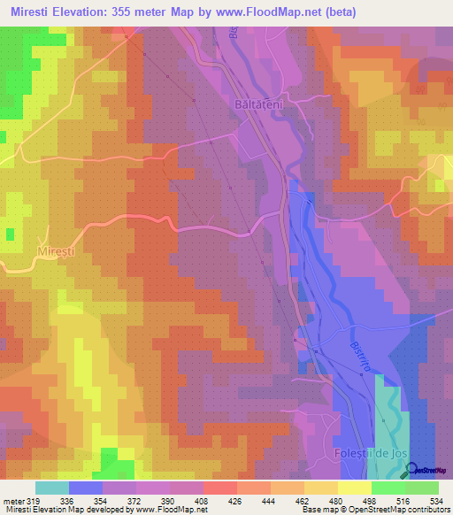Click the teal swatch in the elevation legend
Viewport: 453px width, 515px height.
point(52,488)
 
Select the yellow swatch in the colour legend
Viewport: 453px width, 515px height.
point(354,488)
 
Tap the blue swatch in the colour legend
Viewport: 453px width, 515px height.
point(86,488)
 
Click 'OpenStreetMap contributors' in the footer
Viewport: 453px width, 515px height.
point(393,510)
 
